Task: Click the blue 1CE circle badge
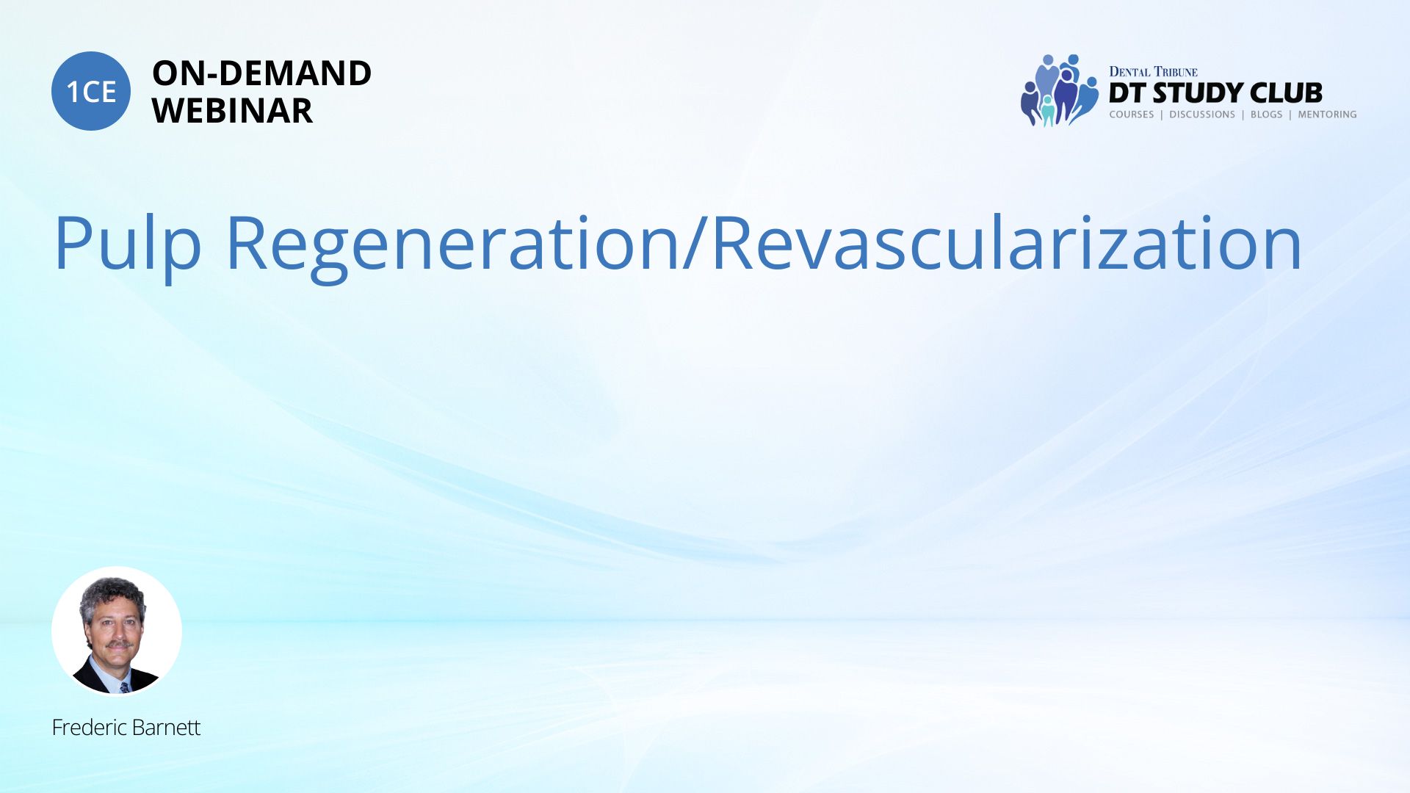(91, 91)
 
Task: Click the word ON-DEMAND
(261, 73)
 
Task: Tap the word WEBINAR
(232, 111)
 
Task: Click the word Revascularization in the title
(1007, 243)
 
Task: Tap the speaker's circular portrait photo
(117, 631)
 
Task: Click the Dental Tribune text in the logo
(1153, 71)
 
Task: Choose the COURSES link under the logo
(1131, 115)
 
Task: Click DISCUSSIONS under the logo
(1202, 115)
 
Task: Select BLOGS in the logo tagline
(1266, 115)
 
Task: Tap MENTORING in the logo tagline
(1327, 115)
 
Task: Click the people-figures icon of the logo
(1059, 90)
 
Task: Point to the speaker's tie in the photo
(124, 687)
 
